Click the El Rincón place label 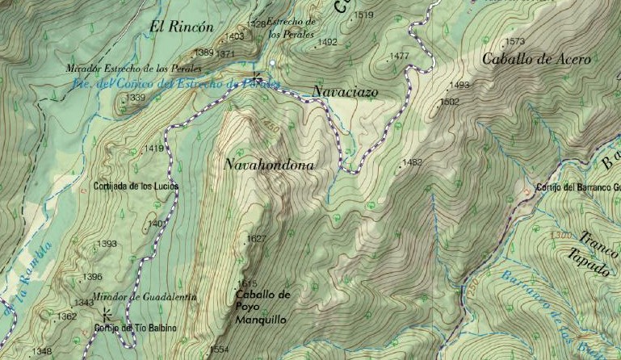[x=182, y=27]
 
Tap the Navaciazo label [x=345, y=92]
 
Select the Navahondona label [x=269, y=165]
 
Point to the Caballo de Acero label [x=536, y=59]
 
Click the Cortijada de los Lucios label [x=136, y=186]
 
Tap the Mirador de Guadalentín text [x=144, y=297]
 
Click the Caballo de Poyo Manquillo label [x=262, y=307]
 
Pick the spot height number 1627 [x=257, y=239]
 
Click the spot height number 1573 [x=515, y=41]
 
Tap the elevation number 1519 [x=364, y=15]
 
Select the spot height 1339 [x=136, y=98]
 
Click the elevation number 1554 [x=219, y=350]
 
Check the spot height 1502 [x=449, y=102]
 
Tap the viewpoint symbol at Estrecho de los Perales [x=257, y=78]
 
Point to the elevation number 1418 [x=153, y=149]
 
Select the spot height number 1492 [x=328, y=42]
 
